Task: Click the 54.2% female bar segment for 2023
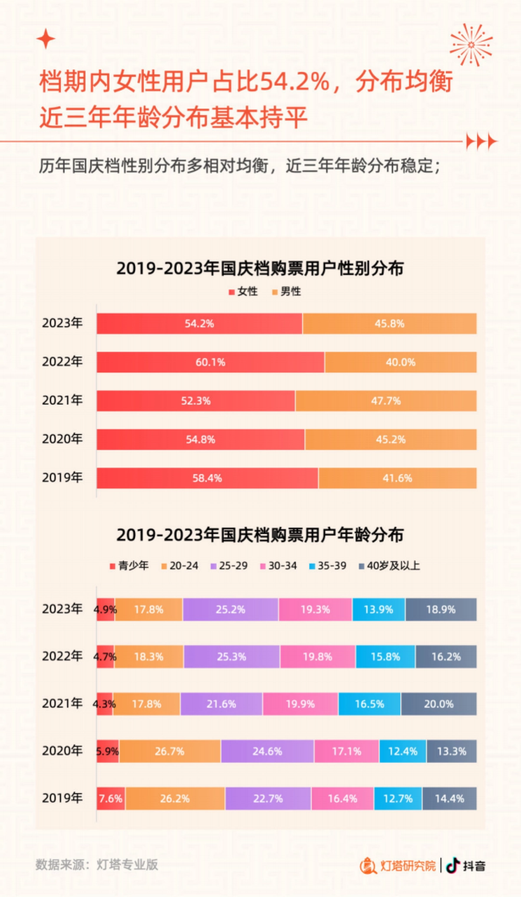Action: point(199,324)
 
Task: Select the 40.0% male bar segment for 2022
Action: point(400,362)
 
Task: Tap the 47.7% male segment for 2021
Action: point(386,401)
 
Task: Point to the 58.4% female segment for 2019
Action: point(207,478)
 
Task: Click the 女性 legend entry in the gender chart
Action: point(244,291)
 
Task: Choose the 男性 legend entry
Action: point(287,291)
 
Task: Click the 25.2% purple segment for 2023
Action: point(231,609)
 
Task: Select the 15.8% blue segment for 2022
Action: point(385,656)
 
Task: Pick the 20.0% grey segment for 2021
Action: point(439,704)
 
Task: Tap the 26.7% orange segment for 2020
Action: point(170,751)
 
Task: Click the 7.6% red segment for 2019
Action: point(110,798)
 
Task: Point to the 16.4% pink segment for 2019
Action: point(342,798)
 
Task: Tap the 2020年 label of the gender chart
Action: point(62,439)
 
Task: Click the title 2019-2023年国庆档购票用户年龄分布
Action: point(260,535)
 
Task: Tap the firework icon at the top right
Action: point(471,45)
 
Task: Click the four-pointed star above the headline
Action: point(46,39)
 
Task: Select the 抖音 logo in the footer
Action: point(465,865)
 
